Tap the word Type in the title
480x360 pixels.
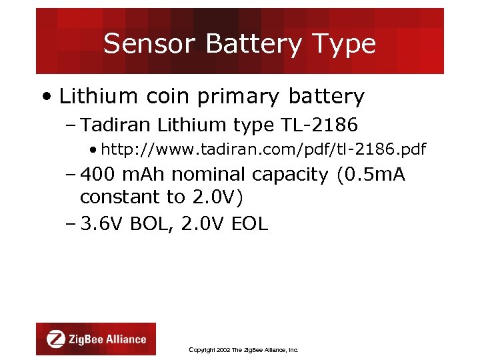click(347, 45)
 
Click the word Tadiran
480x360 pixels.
click(119, 125)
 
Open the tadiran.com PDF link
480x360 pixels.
click(264, 149)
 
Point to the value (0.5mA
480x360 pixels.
click(371, 175)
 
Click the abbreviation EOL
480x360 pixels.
click(249, 224)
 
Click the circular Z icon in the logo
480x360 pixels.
click(56, 339)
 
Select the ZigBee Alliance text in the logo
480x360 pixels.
click(107, 339)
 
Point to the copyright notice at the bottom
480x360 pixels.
click(243, 349)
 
